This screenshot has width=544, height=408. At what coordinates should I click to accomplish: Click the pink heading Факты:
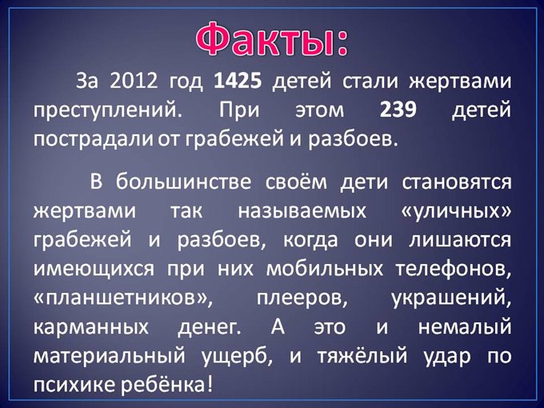272,36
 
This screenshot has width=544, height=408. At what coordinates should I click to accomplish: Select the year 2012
134,82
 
